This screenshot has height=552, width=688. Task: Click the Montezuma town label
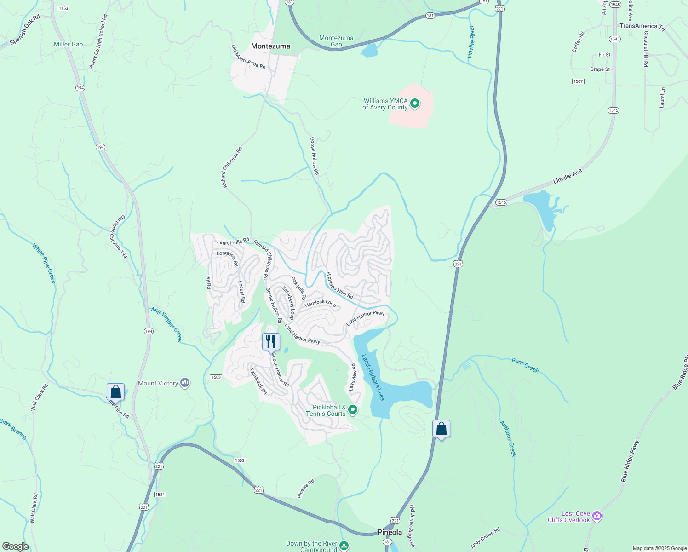coord(270,46)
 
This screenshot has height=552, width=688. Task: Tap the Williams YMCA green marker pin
coord(414,103)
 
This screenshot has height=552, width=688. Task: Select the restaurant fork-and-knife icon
coord(271,341)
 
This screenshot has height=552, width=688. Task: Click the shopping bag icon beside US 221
coord(441,429)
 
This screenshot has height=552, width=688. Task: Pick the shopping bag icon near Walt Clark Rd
coord(115,392)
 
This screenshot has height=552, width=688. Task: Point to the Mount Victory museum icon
coord(185,383)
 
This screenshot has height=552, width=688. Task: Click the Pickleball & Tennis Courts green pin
coord(352,409)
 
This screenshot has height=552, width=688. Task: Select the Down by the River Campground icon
coord(344,546)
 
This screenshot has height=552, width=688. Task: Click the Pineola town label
coord(390,532)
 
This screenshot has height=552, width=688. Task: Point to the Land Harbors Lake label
coord(373,377)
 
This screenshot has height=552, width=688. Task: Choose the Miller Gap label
coord(68,44)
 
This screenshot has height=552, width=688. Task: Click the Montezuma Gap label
coord(336,41)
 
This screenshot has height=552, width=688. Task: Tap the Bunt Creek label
coord(525,365)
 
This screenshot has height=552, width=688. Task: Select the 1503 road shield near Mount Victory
coord(216,377)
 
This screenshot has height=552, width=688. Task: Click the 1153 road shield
coord(63,8)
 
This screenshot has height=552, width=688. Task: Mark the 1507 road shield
coord(578,81)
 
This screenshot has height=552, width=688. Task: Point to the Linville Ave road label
coord(568,176)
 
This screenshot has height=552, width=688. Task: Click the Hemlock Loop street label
coord(320,303)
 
